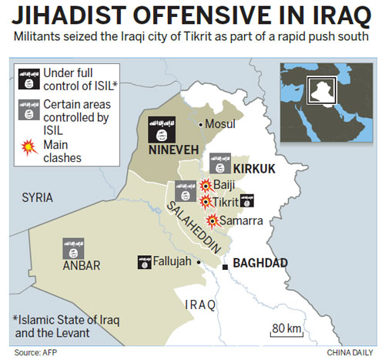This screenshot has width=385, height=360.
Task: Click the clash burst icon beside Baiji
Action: point(206,186)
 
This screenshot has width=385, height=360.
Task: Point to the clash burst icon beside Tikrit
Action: point(206,202)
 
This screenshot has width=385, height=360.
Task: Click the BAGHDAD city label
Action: point(259,263)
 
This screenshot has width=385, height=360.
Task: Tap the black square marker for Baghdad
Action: point(225,267)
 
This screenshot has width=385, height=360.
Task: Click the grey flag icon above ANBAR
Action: point(73,248)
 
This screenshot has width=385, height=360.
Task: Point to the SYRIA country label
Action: point(37,197)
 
